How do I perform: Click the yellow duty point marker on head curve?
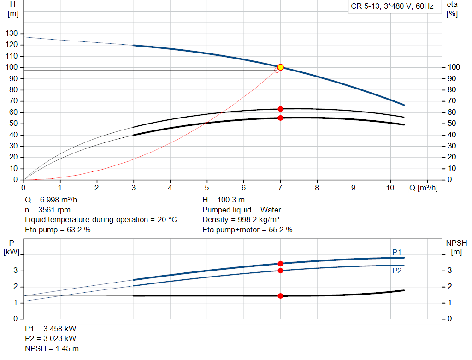coord(280,67)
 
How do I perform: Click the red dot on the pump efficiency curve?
coord(280,109)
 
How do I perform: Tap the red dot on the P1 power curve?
coord(280,263)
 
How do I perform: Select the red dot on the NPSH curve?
coord(280,295)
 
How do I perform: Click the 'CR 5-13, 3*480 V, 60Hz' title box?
coord(392,7)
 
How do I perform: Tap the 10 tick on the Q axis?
coord(390,188)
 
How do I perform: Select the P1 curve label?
coord(397,252)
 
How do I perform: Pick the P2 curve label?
coord(397,271)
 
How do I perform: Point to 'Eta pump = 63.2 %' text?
coord(58,229)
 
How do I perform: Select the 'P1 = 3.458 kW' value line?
coord(51,329)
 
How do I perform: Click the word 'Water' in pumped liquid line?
coord(271,210)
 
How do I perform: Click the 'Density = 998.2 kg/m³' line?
coord(241,219)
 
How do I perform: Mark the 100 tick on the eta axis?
coord(454,67)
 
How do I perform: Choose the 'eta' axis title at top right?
coord(452,4)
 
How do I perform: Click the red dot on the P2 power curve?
coord(280,270)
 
